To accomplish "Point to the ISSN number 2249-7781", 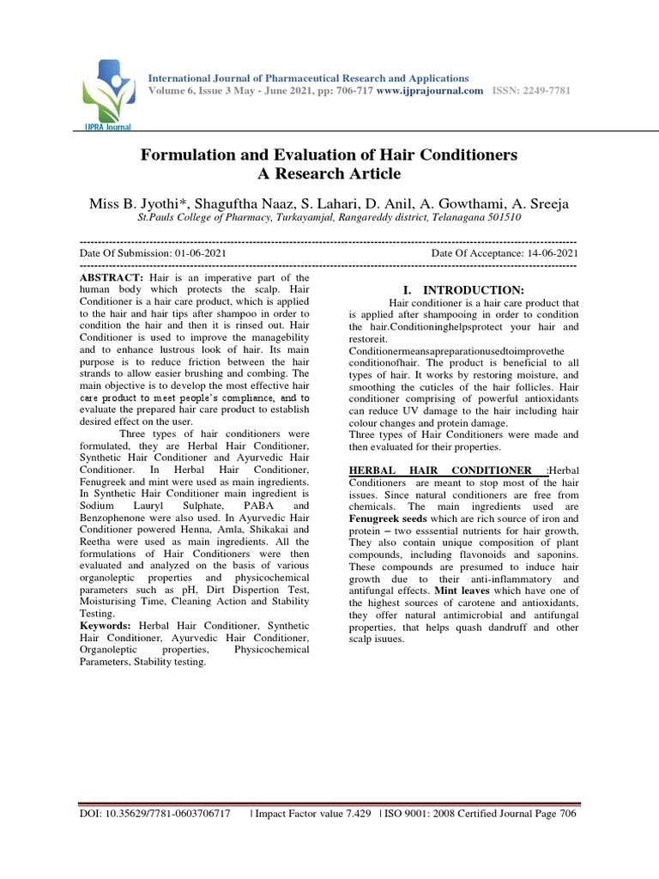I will click(547, 90).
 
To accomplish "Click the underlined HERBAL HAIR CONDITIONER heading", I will click(446, 470).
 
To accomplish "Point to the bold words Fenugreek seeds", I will click(390, 519).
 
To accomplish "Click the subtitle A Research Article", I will click(329, 174).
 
